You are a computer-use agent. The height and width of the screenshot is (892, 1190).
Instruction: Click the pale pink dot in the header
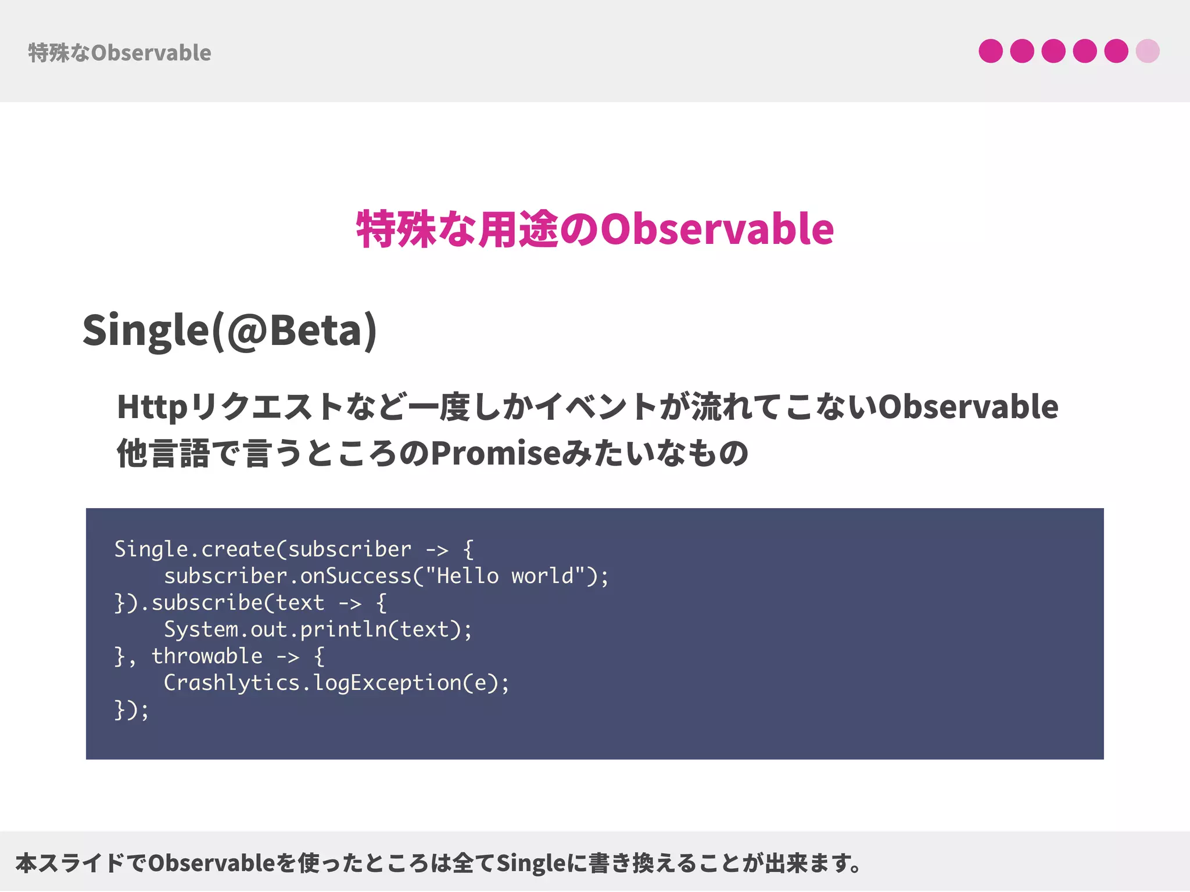pos(1147,51)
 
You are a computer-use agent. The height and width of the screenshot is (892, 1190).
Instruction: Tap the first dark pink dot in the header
pos(990,51)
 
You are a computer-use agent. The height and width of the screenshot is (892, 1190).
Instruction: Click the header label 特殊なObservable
pos(120,53)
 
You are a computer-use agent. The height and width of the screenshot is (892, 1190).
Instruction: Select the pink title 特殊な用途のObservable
pos(595,229)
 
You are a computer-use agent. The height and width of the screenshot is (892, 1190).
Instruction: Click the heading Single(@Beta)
pos(230,330)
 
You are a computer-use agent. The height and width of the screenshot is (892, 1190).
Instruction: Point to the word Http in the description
pos(152,407)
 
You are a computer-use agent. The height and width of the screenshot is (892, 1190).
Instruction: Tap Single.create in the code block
pos(195,549)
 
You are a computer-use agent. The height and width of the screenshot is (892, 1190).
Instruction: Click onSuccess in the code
pos(356,576)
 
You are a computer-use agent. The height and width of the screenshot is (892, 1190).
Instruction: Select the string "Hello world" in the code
pos(504,576)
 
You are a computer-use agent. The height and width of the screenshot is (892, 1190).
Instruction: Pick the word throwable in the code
pos(207,656)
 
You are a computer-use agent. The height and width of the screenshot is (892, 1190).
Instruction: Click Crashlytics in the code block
pos(231,683)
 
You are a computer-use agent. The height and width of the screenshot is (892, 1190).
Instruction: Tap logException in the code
pos(388,683)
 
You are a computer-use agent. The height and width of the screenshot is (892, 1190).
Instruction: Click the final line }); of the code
pos(131,710)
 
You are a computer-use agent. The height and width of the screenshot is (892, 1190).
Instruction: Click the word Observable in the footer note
pos(211,864)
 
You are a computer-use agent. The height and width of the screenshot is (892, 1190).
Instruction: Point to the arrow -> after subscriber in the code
pos(437,549)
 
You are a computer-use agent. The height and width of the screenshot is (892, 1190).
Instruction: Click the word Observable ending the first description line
pos(968,407)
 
